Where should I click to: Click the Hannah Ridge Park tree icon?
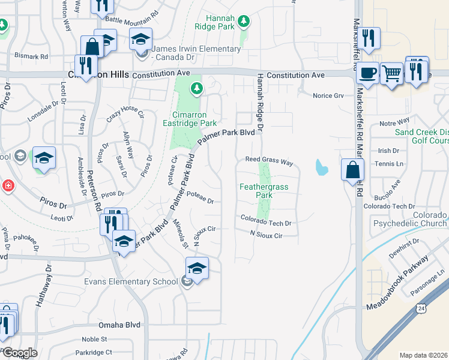point(243,22)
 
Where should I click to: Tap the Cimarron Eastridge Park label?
point(190,119)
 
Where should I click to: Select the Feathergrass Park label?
point(264,191)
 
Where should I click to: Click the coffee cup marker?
point(367,74)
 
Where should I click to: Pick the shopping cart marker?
point(391,74)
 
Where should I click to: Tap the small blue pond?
point(321,166)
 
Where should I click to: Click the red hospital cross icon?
point(7,185)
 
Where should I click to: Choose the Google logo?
point(19,353)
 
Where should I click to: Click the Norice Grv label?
point(328,95)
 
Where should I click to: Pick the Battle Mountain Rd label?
point(131,19)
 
